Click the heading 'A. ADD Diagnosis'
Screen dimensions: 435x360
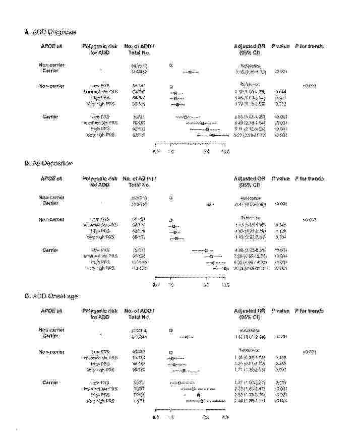tap(50, 32)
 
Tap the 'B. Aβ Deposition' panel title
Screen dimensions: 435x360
tap(48, 164)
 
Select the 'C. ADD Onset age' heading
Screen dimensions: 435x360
tap(51, 296)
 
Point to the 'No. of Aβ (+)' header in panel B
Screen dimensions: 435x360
tap(139, 179)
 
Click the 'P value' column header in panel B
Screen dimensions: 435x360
tap(280, 179)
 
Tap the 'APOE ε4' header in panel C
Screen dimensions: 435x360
tap(51, 311)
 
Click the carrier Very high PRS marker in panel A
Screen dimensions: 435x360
tap(213, 135)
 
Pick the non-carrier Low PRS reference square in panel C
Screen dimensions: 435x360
tap(171, 351)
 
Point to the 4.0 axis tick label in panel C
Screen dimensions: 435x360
tap(225, 417)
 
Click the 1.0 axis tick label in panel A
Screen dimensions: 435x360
tap(171, 151)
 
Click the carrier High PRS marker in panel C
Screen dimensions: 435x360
tap(198, 395)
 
